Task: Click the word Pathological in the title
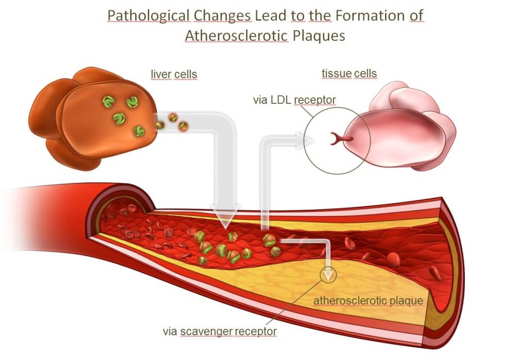point(148,16)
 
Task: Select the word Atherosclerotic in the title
point(237,36)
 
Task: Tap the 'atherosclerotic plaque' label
point(368,301)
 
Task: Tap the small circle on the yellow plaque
point(329,274)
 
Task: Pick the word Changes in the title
point(223,16)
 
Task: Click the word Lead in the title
point(271,16)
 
